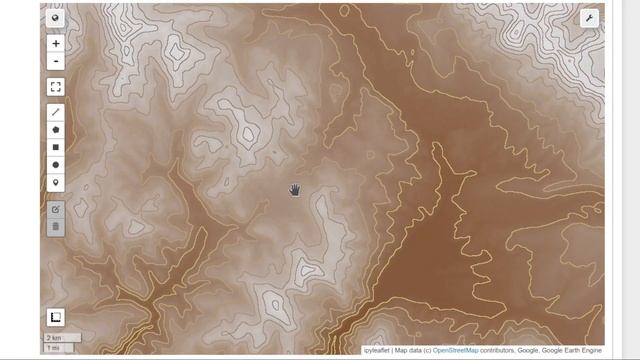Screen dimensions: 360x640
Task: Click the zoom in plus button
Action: [55, 44]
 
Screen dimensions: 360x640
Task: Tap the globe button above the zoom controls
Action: [55, 18]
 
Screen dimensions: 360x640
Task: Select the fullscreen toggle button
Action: [55, 87]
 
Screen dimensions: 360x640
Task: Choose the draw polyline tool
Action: [55, 113]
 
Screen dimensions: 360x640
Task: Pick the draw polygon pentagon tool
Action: [55, 130]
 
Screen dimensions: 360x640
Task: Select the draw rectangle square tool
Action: [55, 147]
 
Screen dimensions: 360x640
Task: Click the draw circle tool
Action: [55, 165]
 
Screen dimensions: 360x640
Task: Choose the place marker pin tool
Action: [55, 182]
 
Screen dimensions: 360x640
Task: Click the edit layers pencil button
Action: [55, 209]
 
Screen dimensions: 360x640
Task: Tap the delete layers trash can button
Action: [55, 227]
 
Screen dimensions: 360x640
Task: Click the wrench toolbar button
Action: [589, 18]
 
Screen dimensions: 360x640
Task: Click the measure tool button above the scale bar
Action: [55, 318]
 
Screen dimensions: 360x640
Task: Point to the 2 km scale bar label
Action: [53, 338]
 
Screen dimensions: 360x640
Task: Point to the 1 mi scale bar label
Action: [53, 348]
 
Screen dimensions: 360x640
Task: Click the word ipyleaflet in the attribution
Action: [377, 351]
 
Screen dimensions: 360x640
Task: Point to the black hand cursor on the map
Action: [295, 190]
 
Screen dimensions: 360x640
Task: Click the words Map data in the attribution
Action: [412, 351]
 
